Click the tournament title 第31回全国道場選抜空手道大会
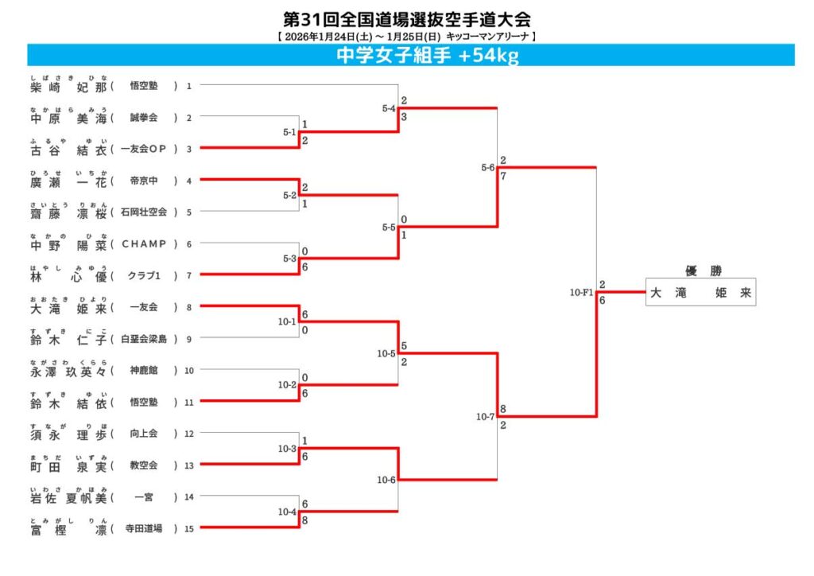coord(406,18)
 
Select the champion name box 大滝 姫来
coord(700,292)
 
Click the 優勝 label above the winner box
coord(700,270)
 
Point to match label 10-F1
coord(582,293)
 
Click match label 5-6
coord(488,168)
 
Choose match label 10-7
coord(485,416)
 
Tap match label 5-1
coord(289,132)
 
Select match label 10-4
coord(288,512)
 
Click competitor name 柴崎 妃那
coord(68,86)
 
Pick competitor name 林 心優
coord(68,276)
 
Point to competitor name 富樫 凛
coord(68,529)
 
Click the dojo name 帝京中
coord(144,181)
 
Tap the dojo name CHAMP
coord(144,244)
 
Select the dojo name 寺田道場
coord(144,528)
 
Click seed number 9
coord(189,339)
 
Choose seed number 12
coord(189,434)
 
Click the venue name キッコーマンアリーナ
coord(488,37)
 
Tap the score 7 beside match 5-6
coord(503,175)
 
